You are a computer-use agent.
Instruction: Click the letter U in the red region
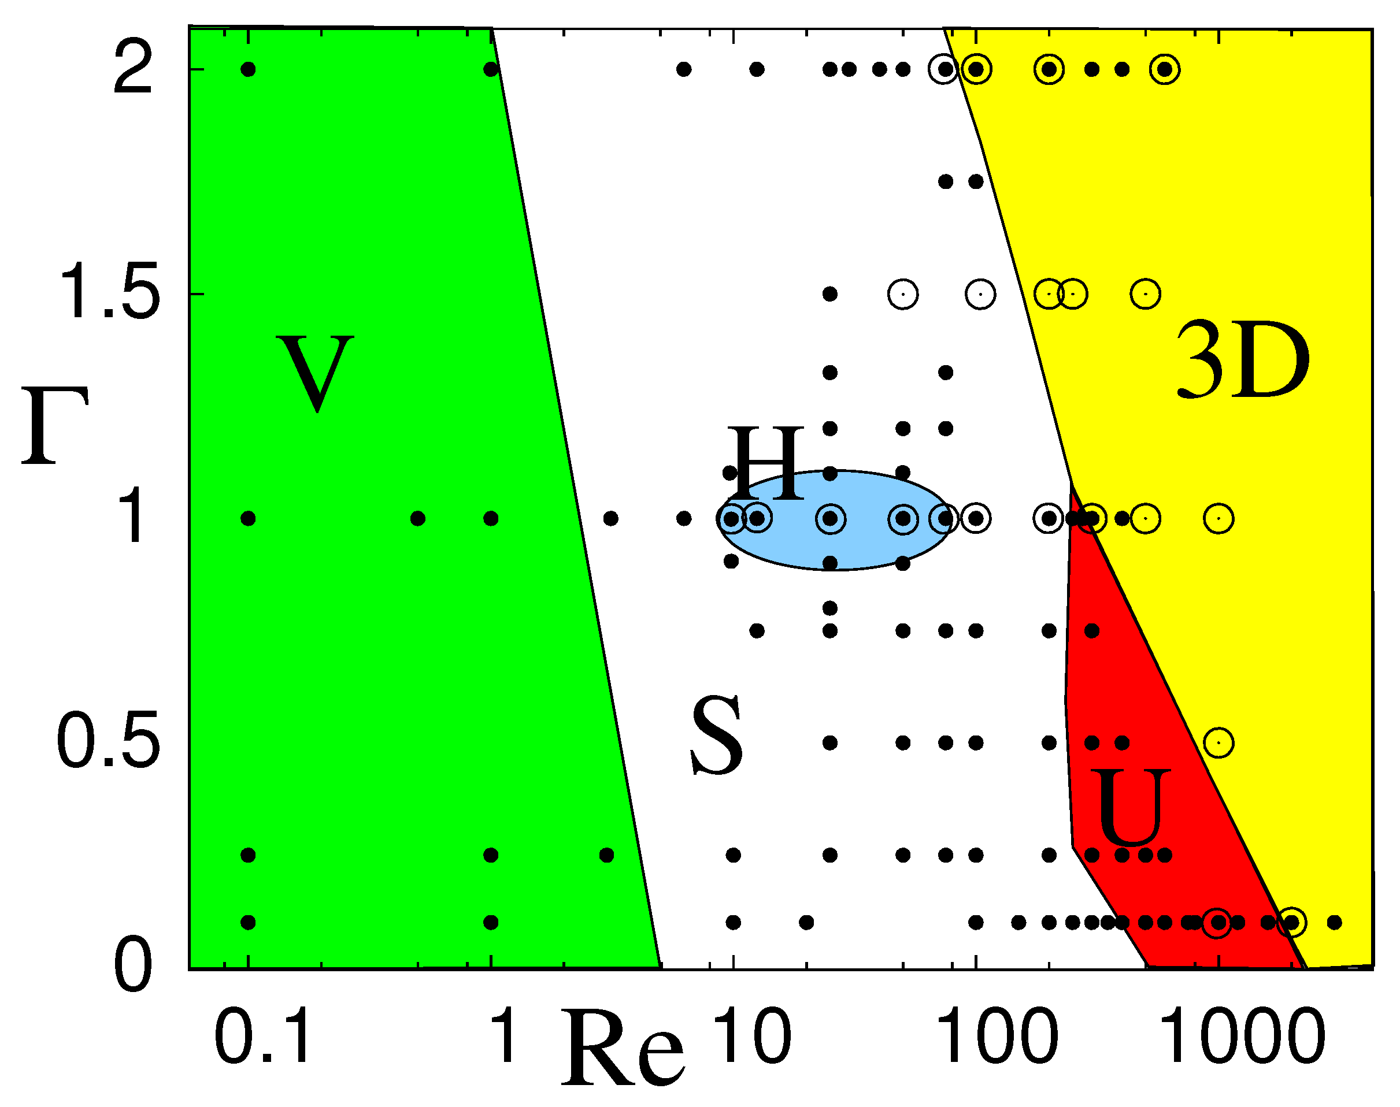tap(1129, 808)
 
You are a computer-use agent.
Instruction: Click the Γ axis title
tap(54, 426)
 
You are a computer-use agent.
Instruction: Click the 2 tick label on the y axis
tap(133, 69)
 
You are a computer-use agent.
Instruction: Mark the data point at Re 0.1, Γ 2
tap(248, 69)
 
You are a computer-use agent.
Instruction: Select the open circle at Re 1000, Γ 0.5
tap(1218, 743)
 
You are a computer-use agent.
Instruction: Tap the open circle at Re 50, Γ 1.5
tap(903, 294)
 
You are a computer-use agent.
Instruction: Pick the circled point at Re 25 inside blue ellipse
tap(830, 518)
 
